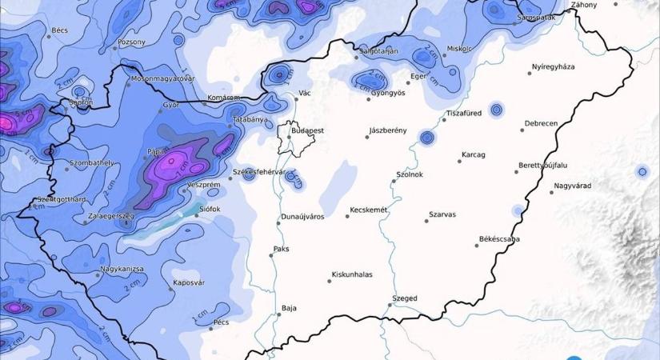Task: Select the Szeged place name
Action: point(404,298)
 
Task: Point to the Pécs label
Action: point(222,322)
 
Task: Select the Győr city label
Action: point(170,105)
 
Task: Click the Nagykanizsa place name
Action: point(122,269)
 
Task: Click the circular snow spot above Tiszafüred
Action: point(496,109)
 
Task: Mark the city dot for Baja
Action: point(278,314)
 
